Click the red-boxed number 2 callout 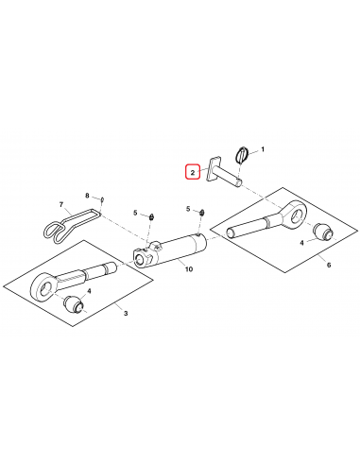(192, 173)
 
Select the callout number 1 (262, 149)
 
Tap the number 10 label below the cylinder (187, 269)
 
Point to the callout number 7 (62, 204)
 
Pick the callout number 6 (328, 265)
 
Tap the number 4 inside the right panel (301, 243)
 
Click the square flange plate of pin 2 (216, 166)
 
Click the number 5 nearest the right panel (189, 208)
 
